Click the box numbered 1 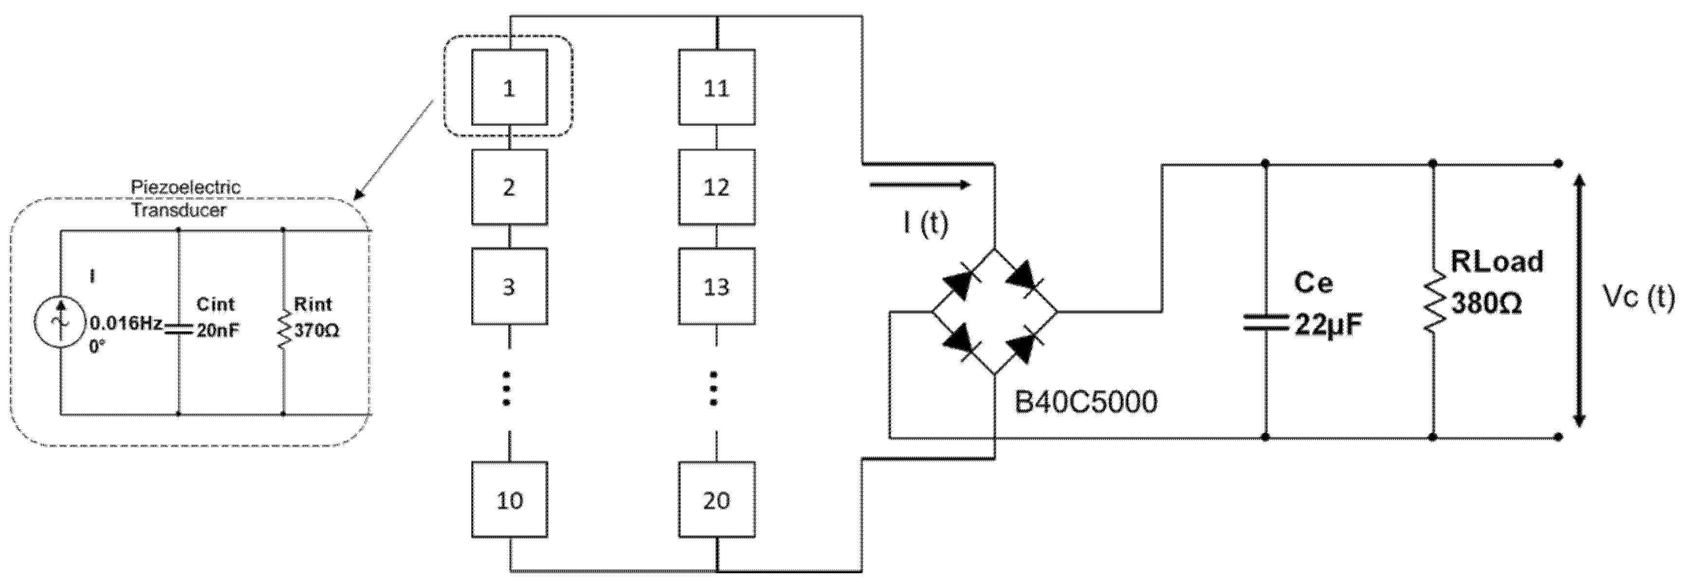pyautogui.click(x=509, y=88)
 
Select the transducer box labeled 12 pyautogui.click(x=716, y=187)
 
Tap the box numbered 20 pyautogui.click(x=716, y=500)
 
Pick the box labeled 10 pyautogui.click(x=509, y=500)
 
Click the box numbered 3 pyautogui.click(x=509, y=286)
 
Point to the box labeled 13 pyautogui.click(x=716, y=286)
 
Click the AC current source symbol pyautogui.click(x=61, y=322)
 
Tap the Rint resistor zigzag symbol pyautogui.click(x=283, y=330)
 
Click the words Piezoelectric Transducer pyautogui.click(x=184, y=198)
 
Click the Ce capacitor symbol pyautogui.click(x=1264, y=322)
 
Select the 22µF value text pyautogui.click(x=1328, y=324)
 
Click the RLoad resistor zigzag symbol pyautogui.click(x=1433, y=303)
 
